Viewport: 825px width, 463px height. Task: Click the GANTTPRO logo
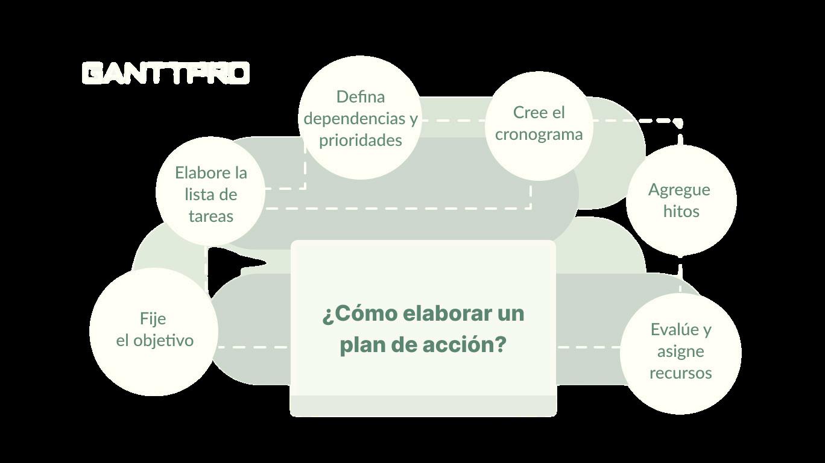click(x=166, y=73)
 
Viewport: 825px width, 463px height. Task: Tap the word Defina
click(x=361, y=97)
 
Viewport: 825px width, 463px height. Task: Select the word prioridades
click(x=360, y=141)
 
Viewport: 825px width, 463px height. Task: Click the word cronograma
click(x=539, y=134)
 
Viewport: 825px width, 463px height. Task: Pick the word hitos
click(x=681, y=211)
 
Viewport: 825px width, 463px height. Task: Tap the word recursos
click(x=681, y=373)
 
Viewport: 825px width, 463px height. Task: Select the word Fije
click(x=153, y=319)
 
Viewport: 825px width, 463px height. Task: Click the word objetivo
click(x=163, y=341)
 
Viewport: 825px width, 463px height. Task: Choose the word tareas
click(x=211, y=216)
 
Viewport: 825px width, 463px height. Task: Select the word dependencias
click(x=355, y=119)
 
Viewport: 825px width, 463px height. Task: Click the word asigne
click(x=681, y=352)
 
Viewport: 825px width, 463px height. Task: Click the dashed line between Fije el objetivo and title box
click(x=254, y=347)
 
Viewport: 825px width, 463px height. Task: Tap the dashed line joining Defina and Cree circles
click(x=454, y=121)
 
